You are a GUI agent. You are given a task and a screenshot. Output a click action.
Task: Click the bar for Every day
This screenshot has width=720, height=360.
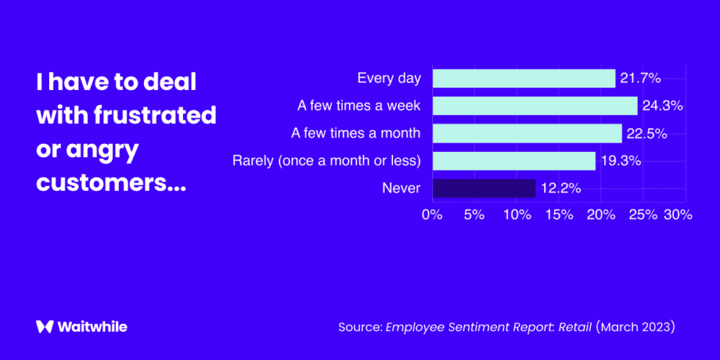[x=523, y=78]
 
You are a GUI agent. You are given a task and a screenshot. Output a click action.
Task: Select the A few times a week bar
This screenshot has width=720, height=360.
[x=534, y=106]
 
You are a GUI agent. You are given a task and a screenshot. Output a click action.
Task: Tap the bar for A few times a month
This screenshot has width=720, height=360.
[x=526, y=133]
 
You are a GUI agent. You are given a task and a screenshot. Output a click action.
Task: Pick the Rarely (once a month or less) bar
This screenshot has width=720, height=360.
[x=513, y=161]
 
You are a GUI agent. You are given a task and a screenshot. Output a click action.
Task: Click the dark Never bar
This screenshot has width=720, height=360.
[x=483, y=189]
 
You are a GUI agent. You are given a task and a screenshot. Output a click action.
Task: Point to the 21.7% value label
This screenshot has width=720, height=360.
[x=640, y=78]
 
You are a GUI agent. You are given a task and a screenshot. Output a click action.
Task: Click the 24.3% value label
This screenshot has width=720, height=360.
[x=662, y=106]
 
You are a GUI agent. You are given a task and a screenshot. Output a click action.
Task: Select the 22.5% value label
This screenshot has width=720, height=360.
[x=647, y=133]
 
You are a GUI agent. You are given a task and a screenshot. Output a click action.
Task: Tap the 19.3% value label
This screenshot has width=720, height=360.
[x=620, y=161]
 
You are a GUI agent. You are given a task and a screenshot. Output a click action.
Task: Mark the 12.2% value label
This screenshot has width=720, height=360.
[x=560, y=189]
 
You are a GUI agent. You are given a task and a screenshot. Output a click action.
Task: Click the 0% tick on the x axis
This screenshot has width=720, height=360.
[x=432, y=215]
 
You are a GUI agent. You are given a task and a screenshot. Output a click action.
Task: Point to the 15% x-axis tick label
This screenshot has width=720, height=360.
[x=559, y=215]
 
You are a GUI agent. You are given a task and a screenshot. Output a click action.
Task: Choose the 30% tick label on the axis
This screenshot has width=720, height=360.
[x=678, y=215]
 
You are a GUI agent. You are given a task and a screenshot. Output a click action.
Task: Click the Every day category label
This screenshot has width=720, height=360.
[x=389, y=78]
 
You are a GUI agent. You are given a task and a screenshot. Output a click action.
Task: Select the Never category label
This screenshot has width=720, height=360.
[x=401, y=189]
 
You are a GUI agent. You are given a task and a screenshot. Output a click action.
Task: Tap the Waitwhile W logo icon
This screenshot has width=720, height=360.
[x=45, y=326]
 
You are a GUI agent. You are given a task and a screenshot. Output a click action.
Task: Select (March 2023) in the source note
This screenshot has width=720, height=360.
[x=635, y=327]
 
